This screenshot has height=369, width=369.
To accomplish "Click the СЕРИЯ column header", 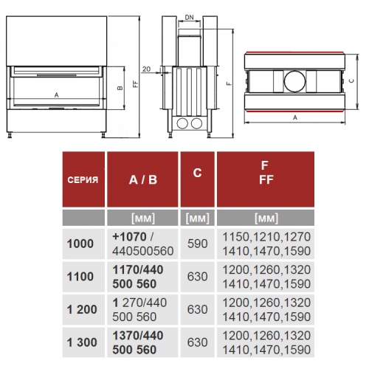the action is [x=83, y=180].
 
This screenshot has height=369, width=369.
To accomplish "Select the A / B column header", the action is [x=143, y=180].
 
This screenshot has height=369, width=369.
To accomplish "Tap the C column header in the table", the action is [x=197, y=173].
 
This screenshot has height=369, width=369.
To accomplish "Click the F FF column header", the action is [x=266, y=173].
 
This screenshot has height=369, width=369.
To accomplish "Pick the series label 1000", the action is [x=80, y=244].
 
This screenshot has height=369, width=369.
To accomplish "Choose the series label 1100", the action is [x=80, y=277].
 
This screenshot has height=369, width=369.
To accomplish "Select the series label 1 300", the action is [x=82, y=342].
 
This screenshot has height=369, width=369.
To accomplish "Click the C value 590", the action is [x=198, y=244].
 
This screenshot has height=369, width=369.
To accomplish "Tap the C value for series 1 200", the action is [x=198, y=309].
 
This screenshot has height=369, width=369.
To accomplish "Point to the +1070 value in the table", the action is [x=129, y=237].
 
